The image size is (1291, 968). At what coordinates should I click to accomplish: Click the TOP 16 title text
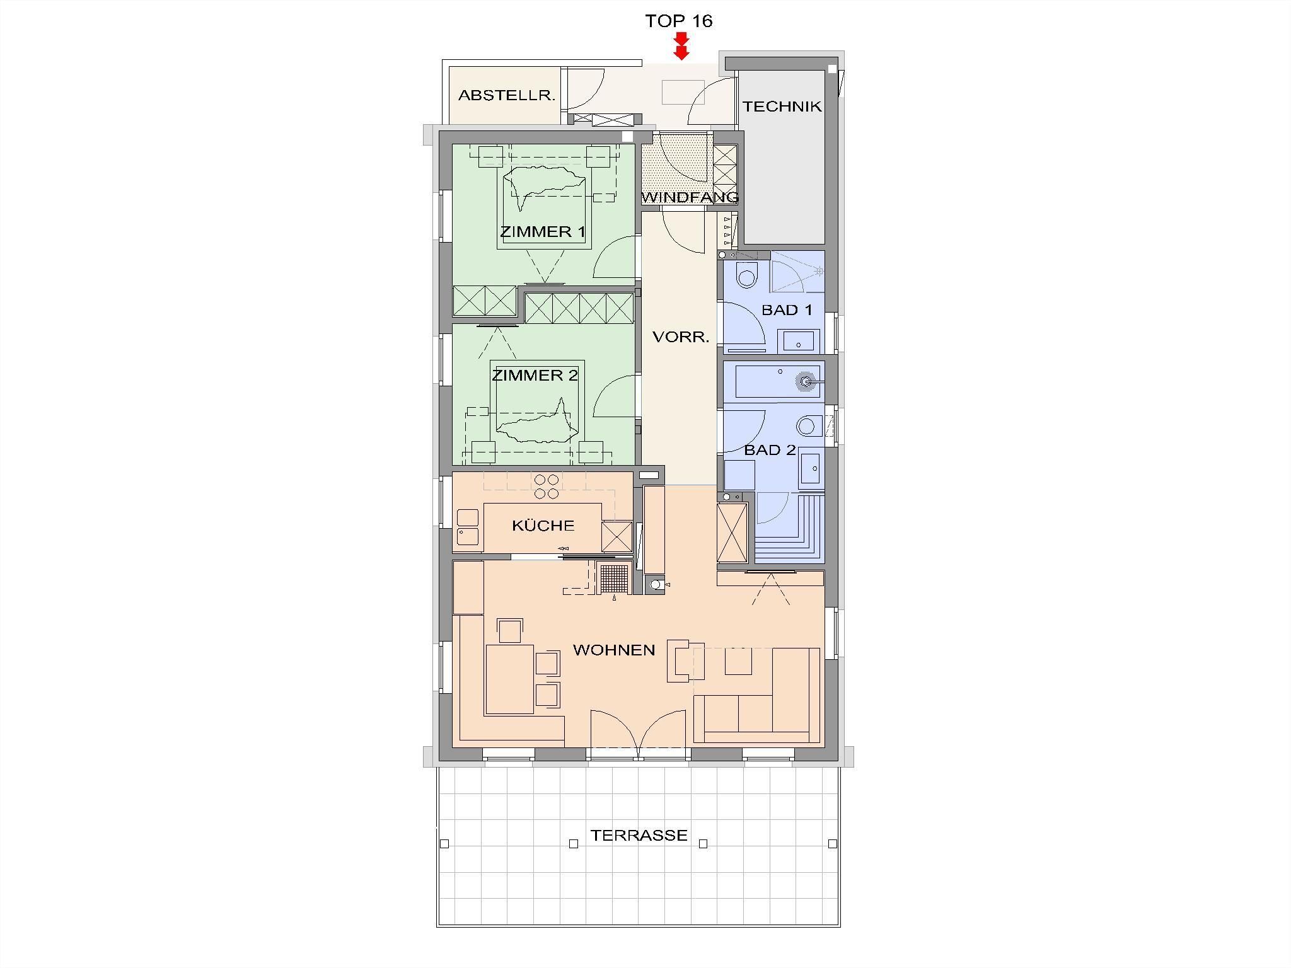coord(678,21)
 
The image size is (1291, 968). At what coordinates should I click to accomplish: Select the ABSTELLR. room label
coord(507,96)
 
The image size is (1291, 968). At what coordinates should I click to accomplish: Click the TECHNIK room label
coord(782,107)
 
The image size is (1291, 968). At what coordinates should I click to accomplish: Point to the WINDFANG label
coord(690,197)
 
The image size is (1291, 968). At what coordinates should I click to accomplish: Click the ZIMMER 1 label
coord(543,232)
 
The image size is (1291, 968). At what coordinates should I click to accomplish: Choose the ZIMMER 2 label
coord(535,376)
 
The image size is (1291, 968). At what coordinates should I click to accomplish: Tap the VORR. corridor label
coord(681,337)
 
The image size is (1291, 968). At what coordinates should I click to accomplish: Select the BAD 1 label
coord(787,310)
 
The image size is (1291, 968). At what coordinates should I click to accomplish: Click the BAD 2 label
coord(770,450)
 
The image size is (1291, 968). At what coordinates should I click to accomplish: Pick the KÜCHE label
coord(543,525)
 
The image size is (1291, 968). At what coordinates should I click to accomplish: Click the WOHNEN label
coord(614,650)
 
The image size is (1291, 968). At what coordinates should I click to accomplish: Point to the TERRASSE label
coord(639,835)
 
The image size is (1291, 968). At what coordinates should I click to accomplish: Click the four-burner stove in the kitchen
coord(547,487)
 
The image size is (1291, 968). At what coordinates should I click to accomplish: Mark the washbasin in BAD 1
coord(799,342)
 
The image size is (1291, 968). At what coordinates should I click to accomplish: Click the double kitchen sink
coord(468,527)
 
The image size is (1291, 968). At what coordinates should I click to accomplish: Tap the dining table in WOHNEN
coord(510,679)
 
